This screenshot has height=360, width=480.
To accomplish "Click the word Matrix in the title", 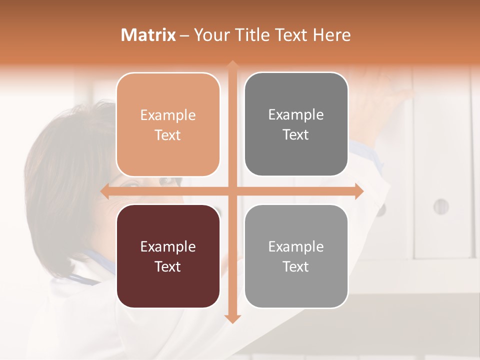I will (x=148, y=35).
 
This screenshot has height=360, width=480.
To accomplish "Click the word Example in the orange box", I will (x=168, y=115).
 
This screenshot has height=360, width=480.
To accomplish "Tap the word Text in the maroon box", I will (x=168, y=266).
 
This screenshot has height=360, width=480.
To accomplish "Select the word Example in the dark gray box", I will (x=296, y=115).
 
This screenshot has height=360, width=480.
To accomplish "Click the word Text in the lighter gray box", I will (x=296, y=266).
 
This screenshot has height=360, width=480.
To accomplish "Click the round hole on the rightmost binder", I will (x=440, y=206).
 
